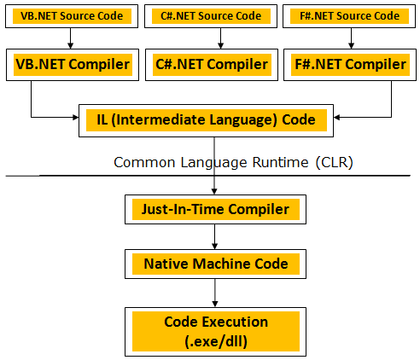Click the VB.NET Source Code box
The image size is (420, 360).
[72, 16]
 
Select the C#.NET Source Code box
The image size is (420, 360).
[211, 16]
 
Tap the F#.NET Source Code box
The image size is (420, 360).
[349, 16]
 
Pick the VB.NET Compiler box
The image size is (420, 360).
[73, 65]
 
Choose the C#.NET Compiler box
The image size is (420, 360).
[212, 65]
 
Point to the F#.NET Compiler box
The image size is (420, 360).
[350, 65]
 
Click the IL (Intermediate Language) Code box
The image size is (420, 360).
[206, 120]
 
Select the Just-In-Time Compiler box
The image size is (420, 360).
[215, 210]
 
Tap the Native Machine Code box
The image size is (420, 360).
[215, 264]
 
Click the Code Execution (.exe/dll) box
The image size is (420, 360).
[215, 332]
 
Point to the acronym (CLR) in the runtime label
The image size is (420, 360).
[335, 163]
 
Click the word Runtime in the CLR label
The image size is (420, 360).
[280, 163]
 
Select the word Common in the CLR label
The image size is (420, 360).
[144, 163]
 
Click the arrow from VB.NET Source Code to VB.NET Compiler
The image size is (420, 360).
[71, 38]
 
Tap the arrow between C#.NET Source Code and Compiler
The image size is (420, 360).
[220, 38]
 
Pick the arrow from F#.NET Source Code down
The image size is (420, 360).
[351, 38]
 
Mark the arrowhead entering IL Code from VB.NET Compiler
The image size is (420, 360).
[76, 117]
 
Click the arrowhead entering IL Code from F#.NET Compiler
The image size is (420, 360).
[336, 117]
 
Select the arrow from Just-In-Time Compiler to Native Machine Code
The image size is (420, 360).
[215, 237]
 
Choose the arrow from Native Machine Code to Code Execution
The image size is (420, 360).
[215, 293]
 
